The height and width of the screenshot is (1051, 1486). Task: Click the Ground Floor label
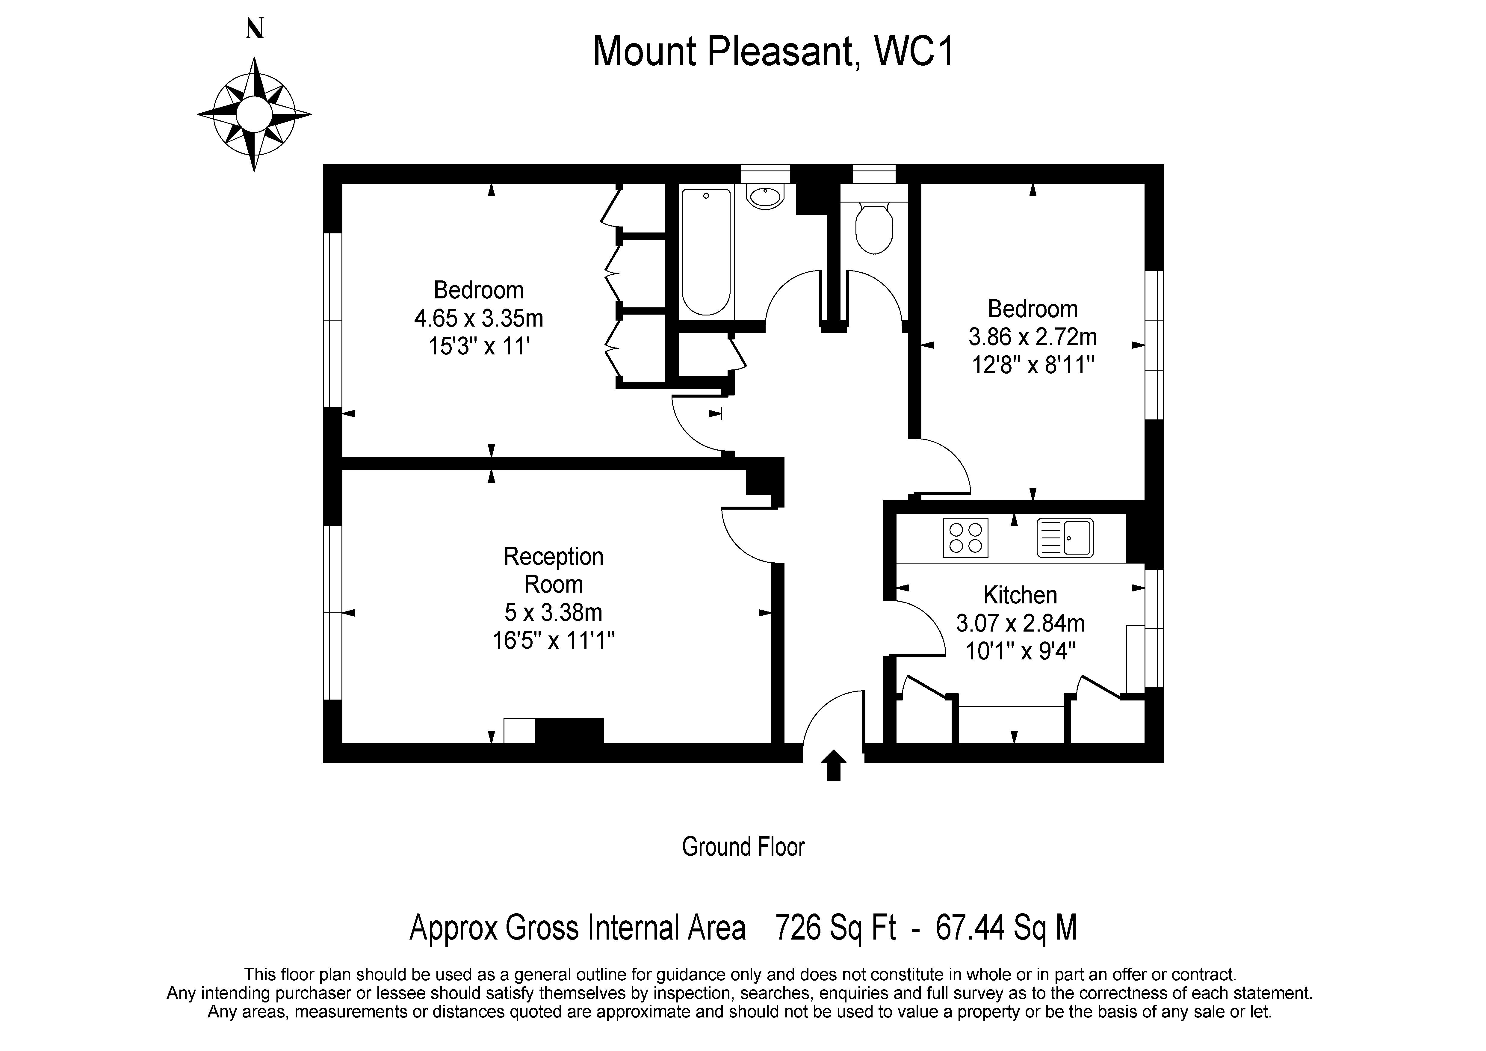pos(743,846)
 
